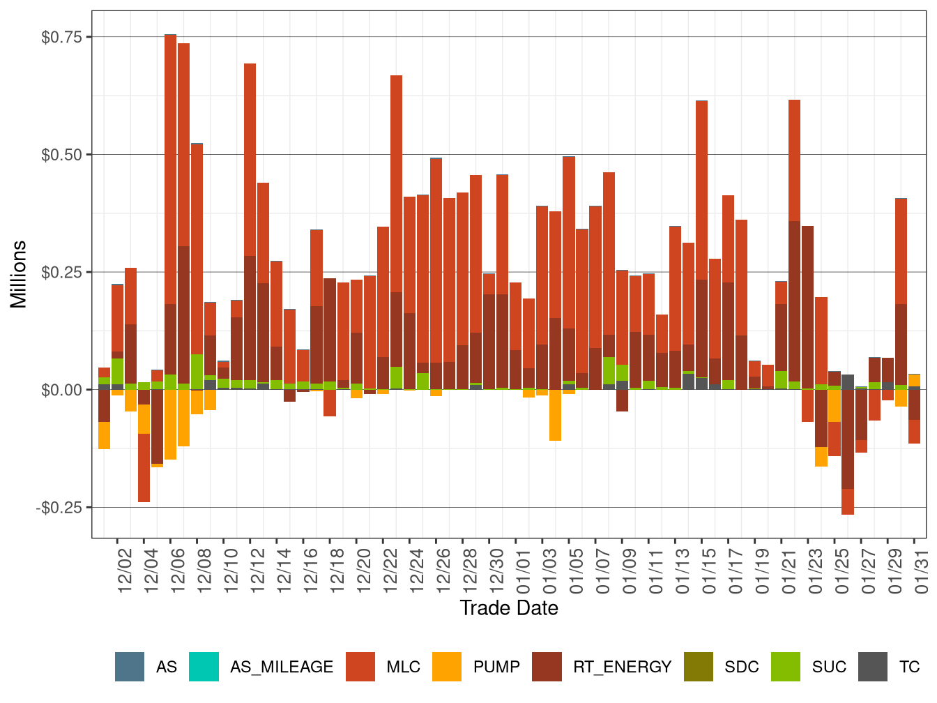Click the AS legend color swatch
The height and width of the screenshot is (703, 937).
point(130,667)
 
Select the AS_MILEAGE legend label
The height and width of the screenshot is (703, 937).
point(282,667)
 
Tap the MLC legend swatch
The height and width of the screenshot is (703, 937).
point(360,667)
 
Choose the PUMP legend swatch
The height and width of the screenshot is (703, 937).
point(447,667)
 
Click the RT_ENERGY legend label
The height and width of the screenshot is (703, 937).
point(622,667)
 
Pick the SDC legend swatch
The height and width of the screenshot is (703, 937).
point(699,667)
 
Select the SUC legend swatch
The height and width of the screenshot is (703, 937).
point(786,667)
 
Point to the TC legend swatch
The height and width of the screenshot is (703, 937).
point(873,667)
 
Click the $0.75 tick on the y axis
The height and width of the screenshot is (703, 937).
point(61,37)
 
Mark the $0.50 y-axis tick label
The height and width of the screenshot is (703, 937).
point(61,155)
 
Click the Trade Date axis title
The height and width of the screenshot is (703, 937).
point(509,608)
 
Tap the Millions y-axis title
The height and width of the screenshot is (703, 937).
point(19,274)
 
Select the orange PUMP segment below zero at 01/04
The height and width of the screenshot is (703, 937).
point(555,415)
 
